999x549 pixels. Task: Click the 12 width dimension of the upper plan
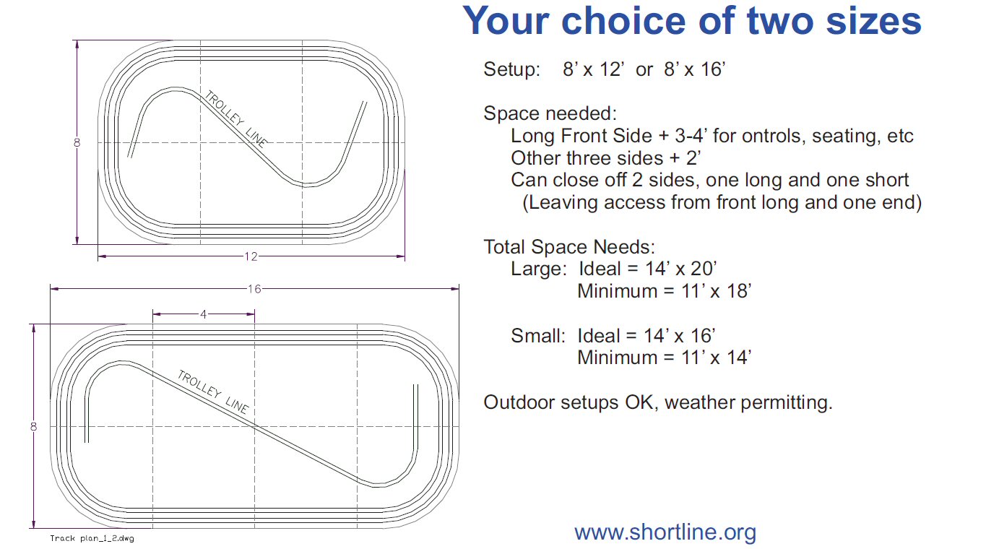[251, 256]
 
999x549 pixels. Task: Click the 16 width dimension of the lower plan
[254, 289]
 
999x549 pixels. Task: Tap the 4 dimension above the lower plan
[204, 314]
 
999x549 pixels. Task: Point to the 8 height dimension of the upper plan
[77, 143]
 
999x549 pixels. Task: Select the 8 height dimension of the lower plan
[33, 427]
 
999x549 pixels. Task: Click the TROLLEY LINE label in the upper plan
[236, 118]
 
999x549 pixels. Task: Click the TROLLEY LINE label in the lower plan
[213, 392]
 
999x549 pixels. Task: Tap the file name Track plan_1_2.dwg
[92, 538]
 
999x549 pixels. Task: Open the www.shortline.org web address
[665, 532]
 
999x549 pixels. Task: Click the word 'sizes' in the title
[874, 21]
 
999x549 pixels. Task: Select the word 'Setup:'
[512, 69]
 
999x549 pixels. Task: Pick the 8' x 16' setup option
[694, 69]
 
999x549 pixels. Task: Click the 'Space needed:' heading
[550, 113]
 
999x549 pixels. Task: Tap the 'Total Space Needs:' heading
[569, 246]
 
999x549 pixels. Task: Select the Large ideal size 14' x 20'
[681, 269]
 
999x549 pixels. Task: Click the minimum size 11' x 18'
[717, 291]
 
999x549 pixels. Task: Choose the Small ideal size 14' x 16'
[680, 335]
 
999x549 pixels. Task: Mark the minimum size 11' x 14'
[717, 358]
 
